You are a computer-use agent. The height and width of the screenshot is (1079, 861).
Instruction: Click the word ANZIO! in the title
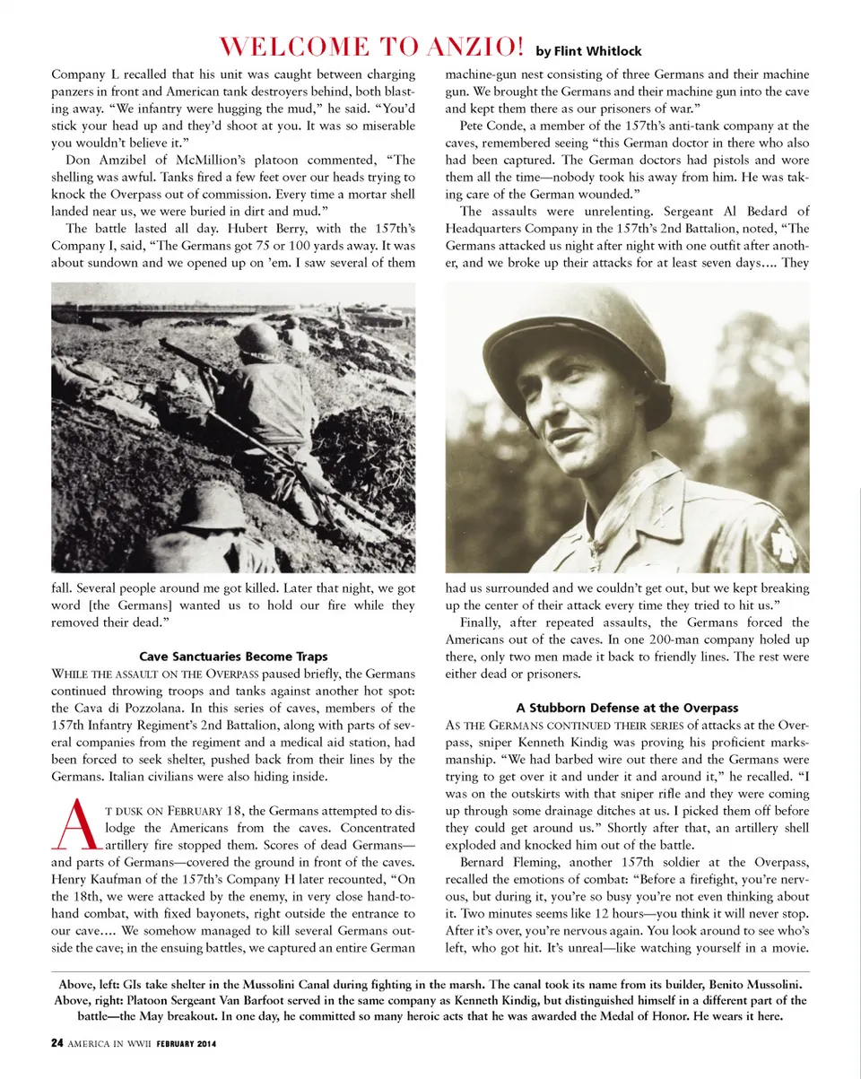pyautogui.click(x=467, y=46)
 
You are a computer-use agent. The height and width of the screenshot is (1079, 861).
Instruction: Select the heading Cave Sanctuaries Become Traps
pyautogui.click(x=233, y=657)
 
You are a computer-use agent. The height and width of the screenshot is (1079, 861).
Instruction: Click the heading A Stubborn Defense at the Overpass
pyautogui.click(x=627, y=708)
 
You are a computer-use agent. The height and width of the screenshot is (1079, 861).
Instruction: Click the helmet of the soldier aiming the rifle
pyautogui.click(x=257, y=338)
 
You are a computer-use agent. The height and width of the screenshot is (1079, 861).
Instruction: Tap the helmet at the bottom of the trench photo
pyautogui.click(x=211, y=508)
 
